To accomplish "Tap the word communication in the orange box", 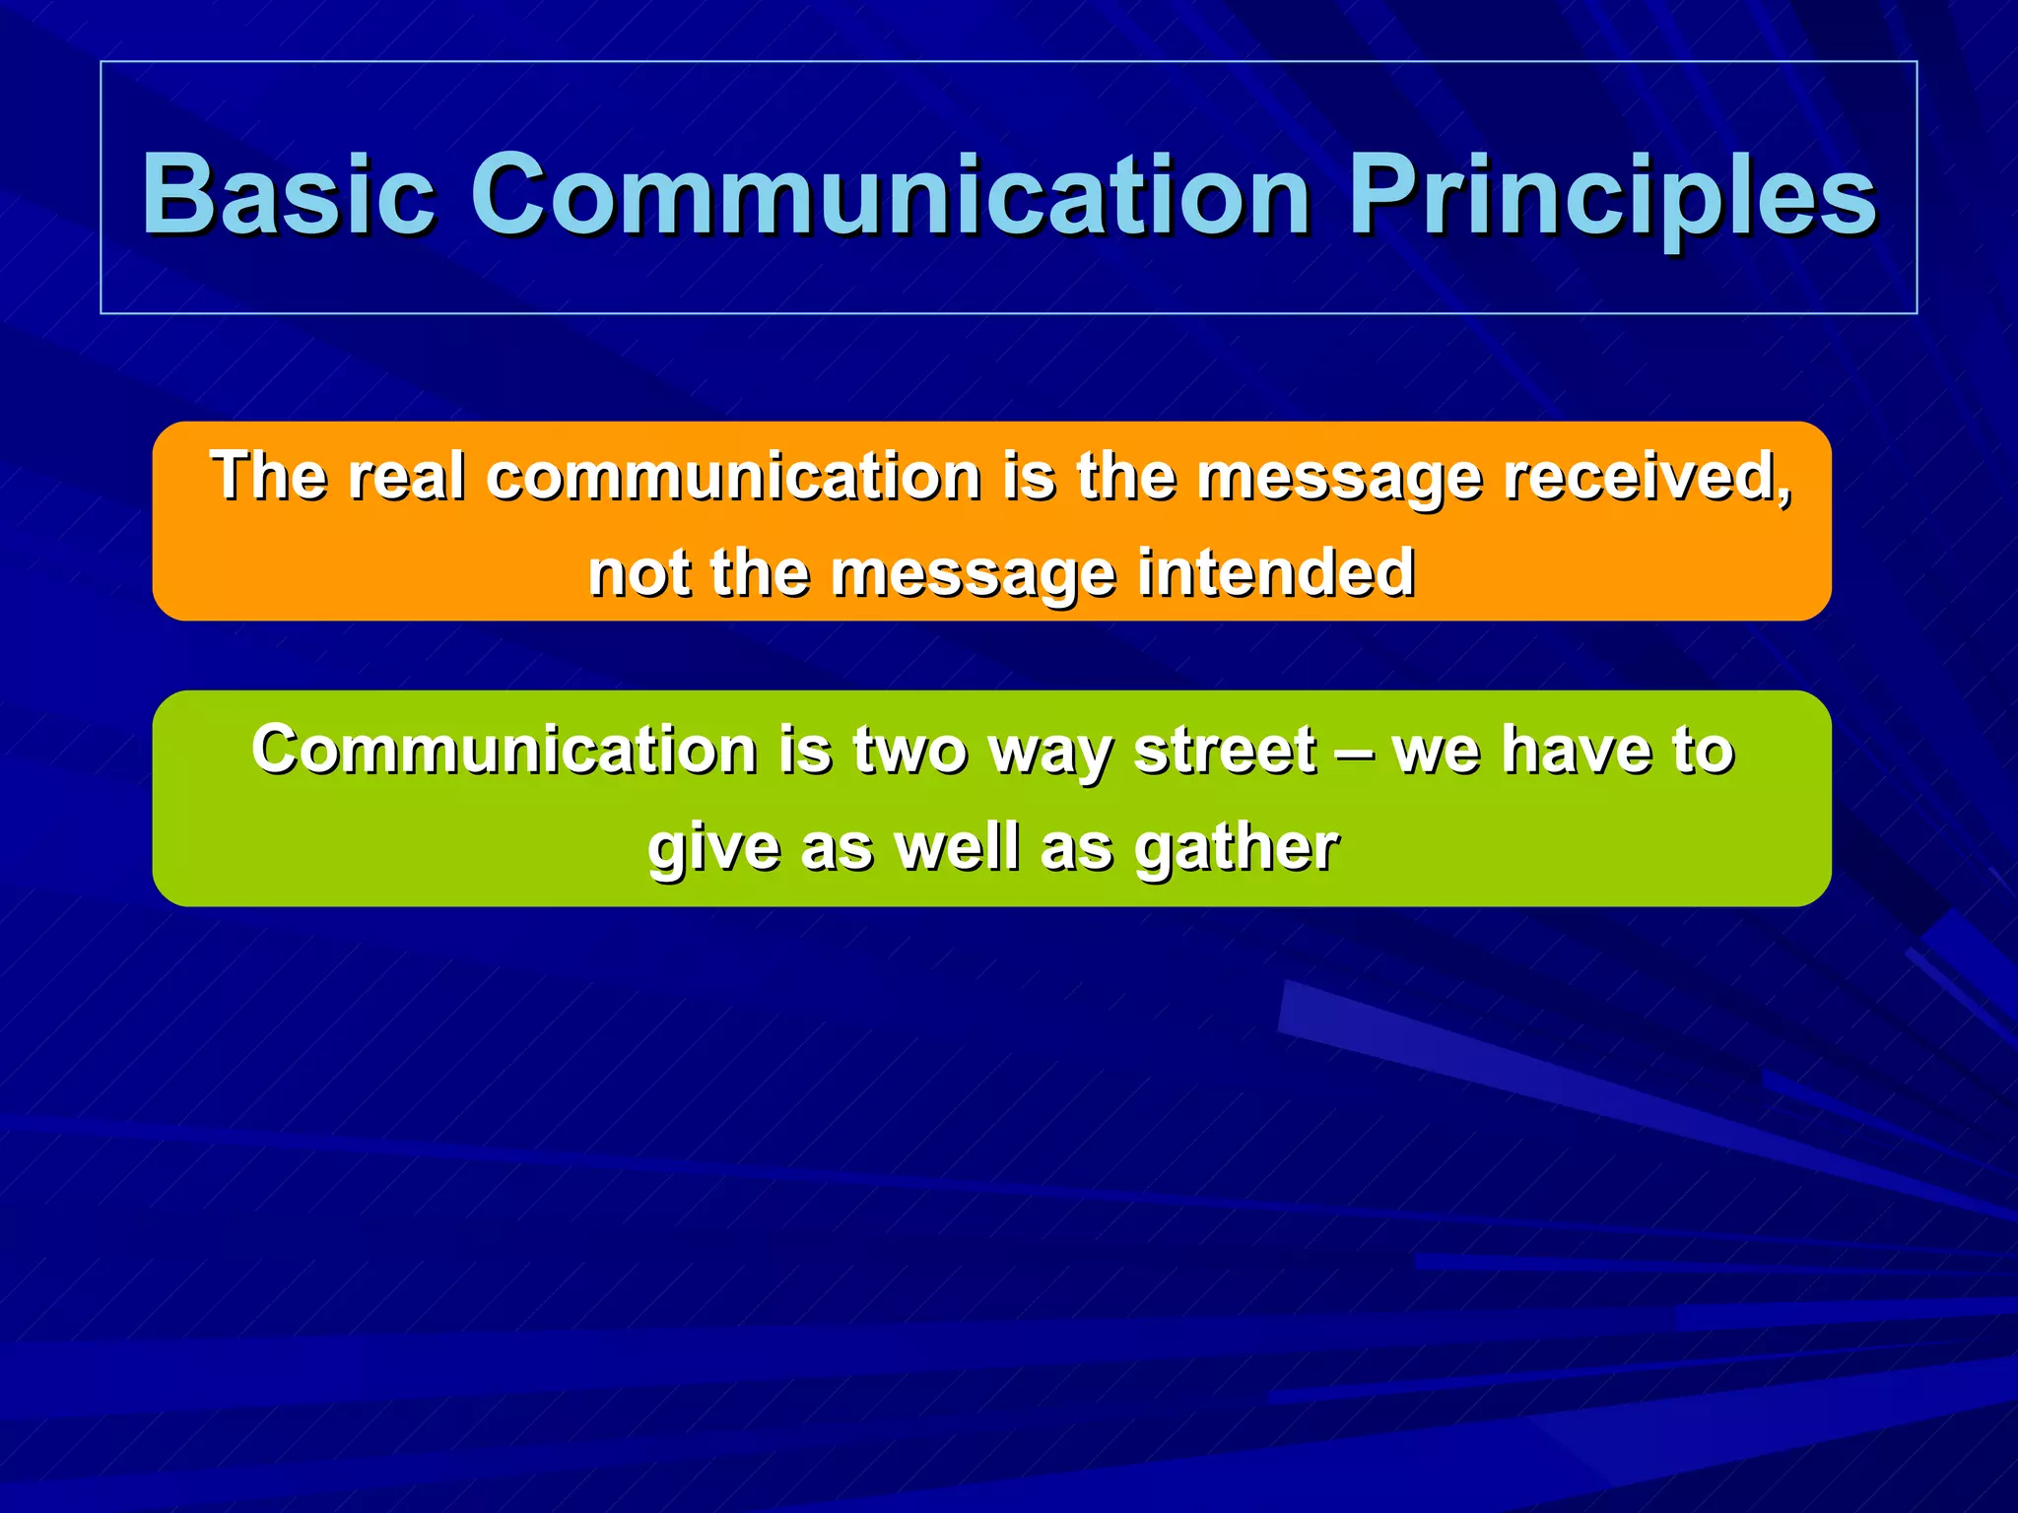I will coord(734,477).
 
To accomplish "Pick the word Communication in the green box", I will coord(504,750).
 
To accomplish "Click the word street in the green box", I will coord(1225,751).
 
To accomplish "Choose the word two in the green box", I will coord(909,751).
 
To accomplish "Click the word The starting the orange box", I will coord(268,477).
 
